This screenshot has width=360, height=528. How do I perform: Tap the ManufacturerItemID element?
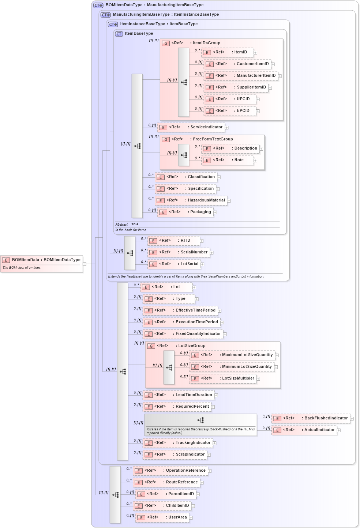pyautogui.click(x=240, y=76)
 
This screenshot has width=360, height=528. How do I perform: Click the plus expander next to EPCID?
pyautogui.click(x=258, y=111)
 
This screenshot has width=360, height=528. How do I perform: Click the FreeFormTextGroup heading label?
pyautogui.click(x=213, y=139)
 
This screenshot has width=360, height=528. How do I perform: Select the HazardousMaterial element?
pyautogui.click(x=191, y=200)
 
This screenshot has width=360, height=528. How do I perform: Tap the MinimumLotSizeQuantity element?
pyautogui.click(x=232, y=367)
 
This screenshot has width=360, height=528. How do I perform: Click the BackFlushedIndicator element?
pyautogui.click(x=311, y=418)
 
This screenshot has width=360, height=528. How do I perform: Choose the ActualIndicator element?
pyautogui.click(x=304, y=430)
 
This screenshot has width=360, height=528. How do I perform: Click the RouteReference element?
pyautogui.click(x=166, y=482)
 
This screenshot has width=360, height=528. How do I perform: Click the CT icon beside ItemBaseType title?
pyautogui.click(x=119, y=34)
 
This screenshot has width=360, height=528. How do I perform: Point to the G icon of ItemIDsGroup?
pyautogui.click(x=166, y=43)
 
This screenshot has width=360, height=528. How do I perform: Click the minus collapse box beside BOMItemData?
pyautogui.click(x=85, y=264)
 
